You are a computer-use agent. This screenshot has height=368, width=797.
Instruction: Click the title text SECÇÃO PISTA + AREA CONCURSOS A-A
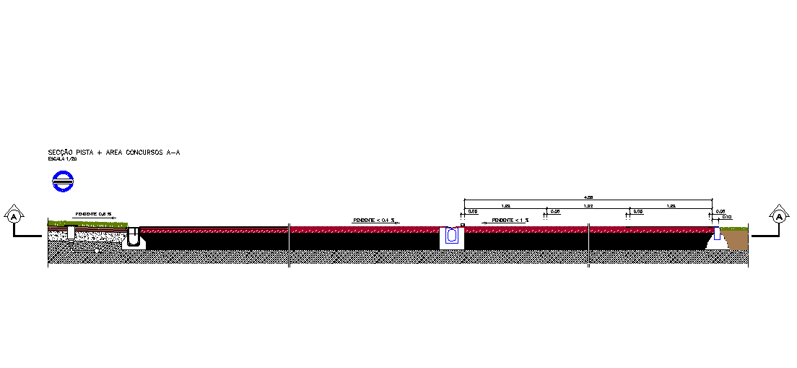click(x=113, y=153)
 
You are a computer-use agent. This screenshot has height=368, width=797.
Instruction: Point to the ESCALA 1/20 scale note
click(x=63, y=158)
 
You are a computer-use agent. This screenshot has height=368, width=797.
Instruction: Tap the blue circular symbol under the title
click(x=64, y=181)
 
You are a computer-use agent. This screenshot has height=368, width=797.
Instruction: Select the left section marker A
click(x=14, y=215)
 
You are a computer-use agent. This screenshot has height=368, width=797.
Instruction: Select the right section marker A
click(x=780, y=215)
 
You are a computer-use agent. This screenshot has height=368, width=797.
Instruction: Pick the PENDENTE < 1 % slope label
click(x=510, y=220)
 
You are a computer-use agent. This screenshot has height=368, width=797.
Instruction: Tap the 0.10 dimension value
click(x=727, y=217)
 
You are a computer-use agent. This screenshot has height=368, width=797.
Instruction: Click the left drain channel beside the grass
click(x=134, y=236)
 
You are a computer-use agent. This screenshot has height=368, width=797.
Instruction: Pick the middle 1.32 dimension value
click(x=588, y=206)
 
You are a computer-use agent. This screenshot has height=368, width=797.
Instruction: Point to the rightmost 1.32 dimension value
click(x=671, y=206)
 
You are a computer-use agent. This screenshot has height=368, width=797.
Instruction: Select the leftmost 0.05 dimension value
click(x=473, y=211)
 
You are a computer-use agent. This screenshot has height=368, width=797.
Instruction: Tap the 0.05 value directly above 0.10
click(x=720, y=211)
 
